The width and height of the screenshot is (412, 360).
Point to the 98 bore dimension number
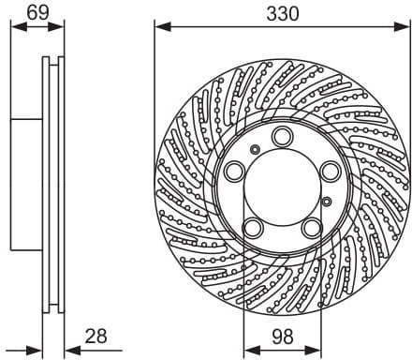coord(281,336)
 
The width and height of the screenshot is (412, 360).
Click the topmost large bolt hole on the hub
coord(283,137)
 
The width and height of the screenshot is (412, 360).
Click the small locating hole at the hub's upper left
coord(255,148)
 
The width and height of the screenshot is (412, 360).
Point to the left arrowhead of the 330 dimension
coord(159,29)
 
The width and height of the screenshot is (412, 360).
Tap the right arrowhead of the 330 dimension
coord(405,29)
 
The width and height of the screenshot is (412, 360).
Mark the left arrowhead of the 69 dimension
coord(14,29)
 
